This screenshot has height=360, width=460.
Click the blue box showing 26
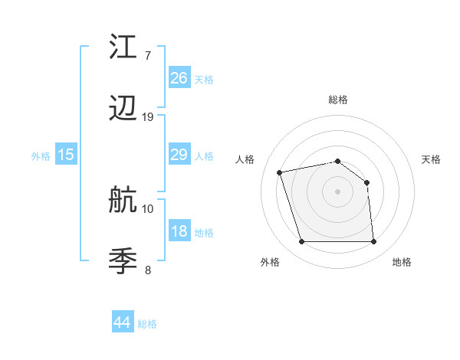(179, 78)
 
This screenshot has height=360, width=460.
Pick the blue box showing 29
(179, 155)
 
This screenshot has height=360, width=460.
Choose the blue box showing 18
(179, 231)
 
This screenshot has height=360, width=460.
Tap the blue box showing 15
(66, 155)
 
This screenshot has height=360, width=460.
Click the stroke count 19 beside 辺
(148, 117)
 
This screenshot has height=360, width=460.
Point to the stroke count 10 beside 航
(148, 208)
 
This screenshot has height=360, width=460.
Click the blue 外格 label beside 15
(41, 155)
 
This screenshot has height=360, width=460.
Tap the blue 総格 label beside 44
(147, 324)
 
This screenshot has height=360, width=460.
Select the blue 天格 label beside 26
(204, 79)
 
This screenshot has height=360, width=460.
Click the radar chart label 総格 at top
(338, 100)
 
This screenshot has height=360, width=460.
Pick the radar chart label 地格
(402, 262)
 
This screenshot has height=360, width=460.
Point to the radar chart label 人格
(245, 159)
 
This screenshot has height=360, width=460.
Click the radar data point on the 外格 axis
(301, 242)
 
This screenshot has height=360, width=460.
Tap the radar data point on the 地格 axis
(373, 242)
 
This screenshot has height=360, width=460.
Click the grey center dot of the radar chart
(337, 191)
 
